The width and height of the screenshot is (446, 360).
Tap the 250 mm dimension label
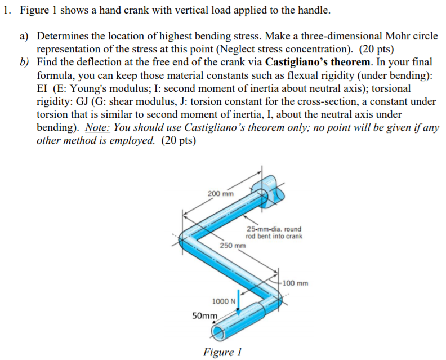(x=233, y=246)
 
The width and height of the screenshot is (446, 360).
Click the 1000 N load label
(x=223, y=301)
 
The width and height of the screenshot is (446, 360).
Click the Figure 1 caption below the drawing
(x=222, y=352)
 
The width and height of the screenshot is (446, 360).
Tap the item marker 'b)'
(x=24, y=63)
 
